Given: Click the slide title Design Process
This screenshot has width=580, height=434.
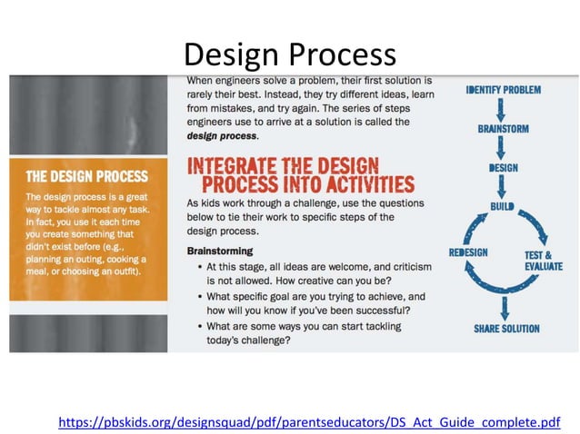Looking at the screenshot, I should click(289, 54).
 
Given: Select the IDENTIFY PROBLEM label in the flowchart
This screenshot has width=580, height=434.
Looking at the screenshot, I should click(503, 90).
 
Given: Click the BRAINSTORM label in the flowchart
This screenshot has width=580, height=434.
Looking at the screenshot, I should click(503, 129).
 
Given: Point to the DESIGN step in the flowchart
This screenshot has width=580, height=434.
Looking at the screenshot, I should click(503, 168).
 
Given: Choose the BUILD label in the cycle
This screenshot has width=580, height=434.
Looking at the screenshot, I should click(503, 207).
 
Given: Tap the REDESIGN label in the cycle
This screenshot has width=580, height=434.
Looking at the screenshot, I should click(469, 252).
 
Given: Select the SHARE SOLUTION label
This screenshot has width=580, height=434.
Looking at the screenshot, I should click(505, 329).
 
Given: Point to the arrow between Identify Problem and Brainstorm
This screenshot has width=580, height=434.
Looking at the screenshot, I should click(503, 109).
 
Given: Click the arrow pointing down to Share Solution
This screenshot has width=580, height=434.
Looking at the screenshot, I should click(504, 307).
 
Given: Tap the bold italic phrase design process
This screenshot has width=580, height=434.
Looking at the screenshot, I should click(222, 136).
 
